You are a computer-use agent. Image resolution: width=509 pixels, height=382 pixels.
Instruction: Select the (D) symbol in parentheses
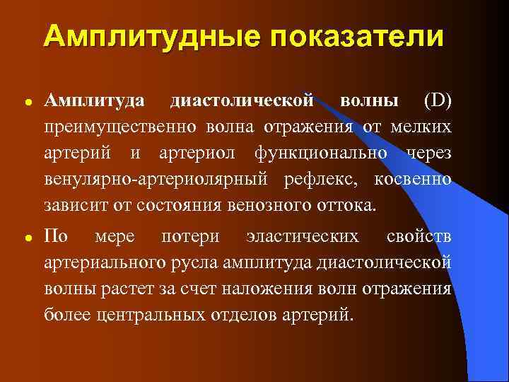(437, 100)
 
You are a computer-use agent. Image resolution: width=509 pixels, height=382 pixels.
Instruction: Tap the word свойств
(419, 236)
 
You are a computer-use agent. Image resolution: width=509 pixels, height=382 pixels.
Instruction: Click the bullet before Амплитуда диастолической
(28, 102)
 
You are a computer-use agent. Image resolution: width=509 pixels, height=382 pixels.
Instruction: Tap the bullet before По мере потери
(28, 237)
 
